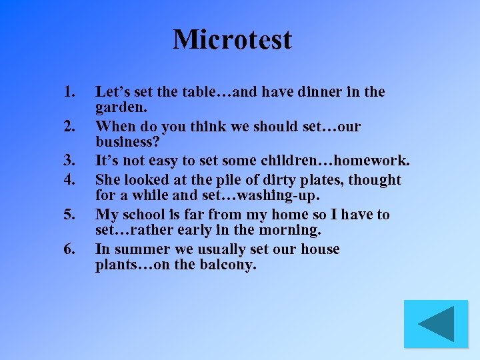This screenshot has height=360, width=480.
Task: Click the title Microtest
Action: [x=232, y=39]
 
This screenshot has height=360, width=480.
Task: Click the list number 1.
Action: [x=68, y=92]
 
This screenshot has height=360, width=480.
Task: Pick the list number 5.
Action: [x=69, y=215]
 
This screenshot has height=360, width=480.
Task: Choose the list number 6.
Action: [x=69, y=249]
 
